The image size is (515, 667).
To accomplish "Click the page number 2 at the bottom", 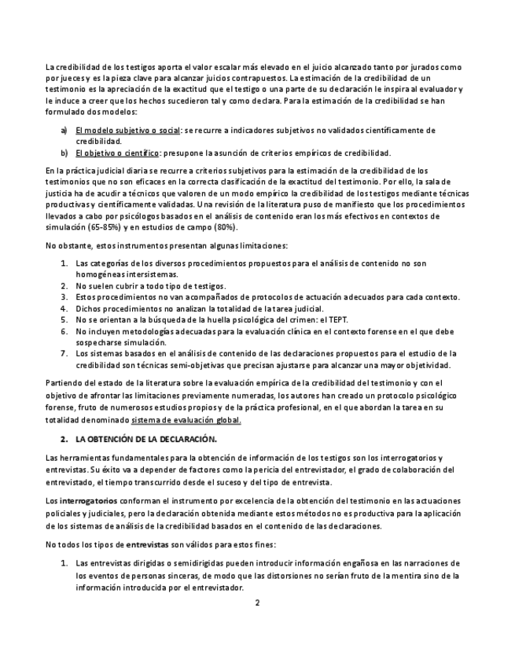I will (x=257, y=603).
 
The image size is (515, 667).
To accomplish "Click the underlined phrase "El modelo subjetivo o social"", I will (x=127, y=130).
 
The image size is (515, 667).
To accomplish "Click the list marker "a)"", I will (x=64, y=130).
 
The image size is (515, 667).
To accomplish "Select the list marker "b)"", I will (x=64, y=153).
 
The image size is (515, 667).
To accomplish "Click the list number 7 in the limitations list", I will (x=64, y=354).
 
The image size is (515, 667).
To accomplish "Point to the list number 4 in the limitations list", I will (x=64, y=308).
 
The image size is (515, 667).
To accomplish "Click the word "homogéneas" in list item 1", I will (x=101, y=275).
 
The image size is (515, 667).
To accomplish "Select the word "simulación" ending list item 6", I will (x=142, y=343).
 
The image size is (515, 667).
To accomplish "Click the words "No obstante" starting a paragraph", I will (x=67, y=245).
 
